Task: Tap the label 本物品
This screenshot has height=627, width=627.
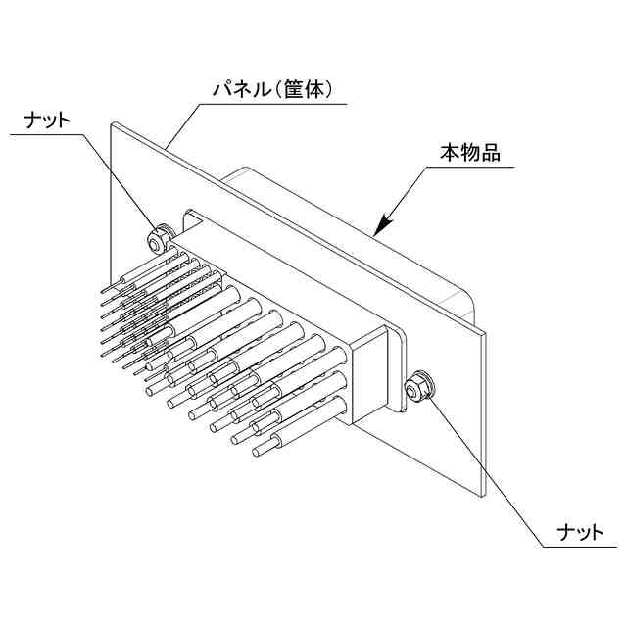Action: click(x=469, y=153)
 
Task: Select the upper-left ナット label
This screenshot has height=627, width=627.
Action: click(x=46, y=120)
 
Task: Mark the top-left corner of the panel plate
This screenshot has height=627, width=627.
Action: click(x=113, y=123)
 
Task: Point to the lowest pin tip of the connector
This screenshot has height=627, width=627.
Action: click(x=257, y=452)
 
